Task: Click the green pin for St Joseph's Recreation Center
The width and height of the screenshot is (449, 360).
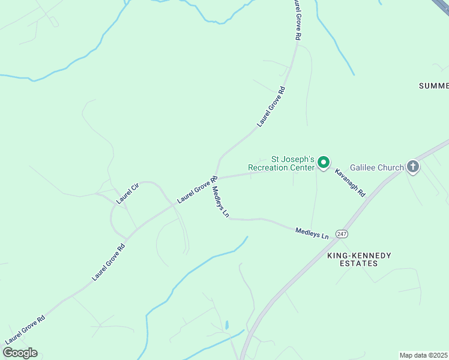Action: pyautogui.click(x=324, y=163)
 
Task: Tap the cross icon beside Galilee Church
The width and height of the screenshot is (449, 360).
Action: pyautogui.click(x=413, y=167)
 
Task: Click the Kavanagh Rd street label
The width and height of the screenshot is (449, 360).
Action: pyautogui.click(x=350, y=182)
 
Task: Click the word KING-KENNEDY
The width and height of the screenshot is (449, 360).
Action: pyautogui.click(x=359, y=256)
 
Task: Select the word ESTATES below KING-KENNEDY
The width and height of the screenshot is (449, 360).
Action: pyautogui.click(x=359, y=263)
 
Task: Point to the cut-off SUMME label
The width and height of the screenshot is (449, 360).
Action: pyautogui.click(x=433, y=86)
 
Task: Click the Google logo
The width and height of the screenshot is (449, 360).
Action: pyautogui.click(x=20, y=353)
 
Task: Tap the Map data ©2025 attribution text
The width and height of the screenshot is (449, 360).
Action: pyautogui.click(x=423, y=355)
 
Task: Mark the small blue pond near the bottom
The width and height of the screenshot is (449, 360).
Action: pyautogui.click(x=227, y=325)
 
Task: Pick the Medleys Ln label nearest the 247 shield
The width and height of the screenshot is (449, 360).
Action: pyautogui.click(x=312, y=233)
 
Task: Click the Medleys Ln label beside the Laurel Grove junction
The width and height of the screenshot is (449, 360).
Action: pyautogui.click(x=220, y=202)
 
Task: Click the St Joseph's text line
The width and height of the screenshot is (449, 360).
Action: pyautogui.click(x=293, y=160)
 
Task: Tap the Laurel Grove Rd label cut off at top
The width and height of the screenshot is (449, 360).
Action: pyautogui.click(x=296, y=20)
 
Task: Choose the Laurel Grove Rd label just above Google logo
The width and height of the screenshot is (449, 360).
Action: pyautogui.click(x=25, y=329)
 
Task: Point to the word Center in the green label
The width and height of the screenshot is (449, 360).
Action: pyautogui.click(x=303, y=168)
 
